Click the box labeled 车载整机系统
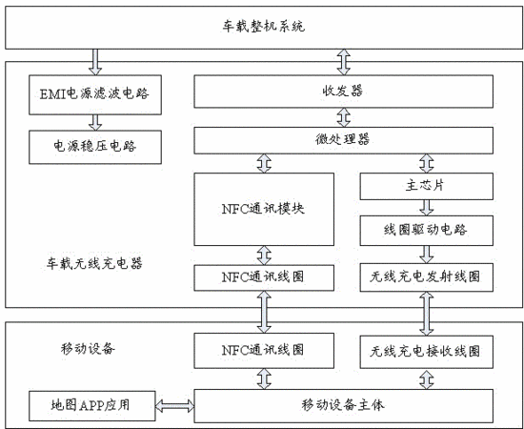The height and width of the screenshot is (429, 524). point(264,28)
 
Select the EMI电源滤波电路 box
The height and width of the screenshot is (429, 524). point(95,94)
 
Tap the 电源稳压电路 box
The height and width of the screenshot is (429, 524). point(95,147)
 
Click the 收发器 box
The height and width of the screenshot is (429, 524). point(343,92)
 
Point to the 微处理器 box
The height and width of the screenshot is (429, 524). point(343,140)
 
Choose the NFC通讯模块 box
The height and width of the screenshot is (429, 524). point(264,210)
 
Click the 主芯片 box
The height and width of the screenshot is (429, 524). point(427,186)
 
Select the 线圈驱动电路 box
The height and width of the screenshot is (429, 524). point(427,231)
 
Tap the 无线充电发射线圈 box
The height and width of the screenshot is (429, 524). point(427,277)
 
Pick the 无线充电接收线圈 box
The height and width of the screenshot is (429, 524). point(427,352)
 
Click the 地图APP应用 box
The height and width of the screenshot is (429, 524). point(91,405)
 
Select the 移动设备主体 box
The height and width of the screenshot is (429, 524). point(343,405)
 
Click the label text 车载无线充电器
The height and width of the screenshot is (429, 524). point(94,263)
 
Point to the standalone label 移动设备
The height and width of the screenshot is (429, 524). point(88,349)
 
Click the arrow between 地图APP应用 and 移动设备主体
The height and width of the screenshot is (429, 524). point(174,406)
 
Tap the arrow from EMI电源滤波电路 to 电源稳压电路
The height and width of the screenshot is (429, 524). point(95,122)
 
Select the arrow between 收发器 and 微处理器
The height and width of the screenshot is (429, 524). point(344,117)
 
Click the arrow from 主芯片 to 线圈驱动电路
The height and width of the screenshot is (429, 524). point(427,208)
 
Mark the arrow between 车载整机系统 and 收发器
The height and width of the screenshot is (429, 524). point(344,62)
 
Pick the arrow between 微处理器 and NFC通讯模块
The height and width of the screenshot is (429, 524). point(264,163)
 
